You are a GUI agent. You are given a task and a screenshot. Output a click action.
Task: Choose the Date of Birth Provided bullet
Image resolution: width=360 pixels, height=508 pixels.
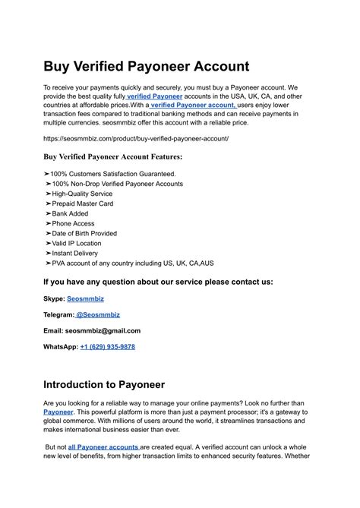(x=87, y=233)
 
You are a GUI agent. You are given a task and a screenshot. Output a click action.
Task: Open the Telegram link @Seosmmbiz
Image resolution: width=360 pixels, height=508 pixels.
(x=98, y=314)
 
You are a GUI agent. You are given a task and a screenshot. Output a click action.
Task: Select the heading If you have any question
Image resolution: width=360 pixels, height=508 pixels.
(x=158, y=281)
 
